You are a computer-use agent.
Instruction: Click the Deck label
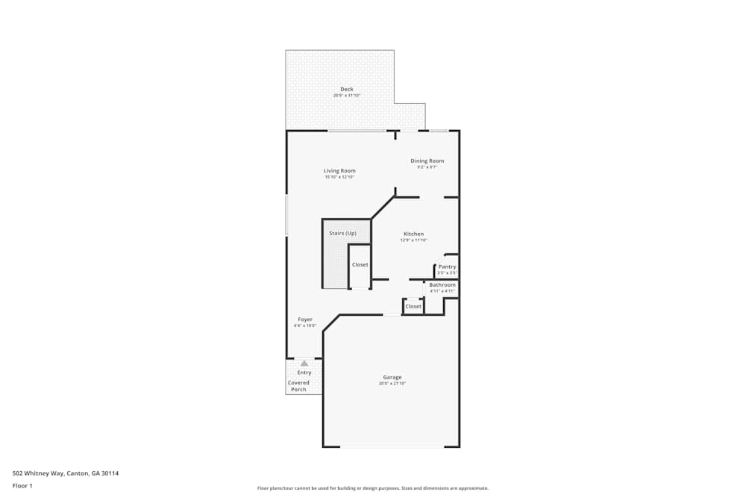[x=347, y=90]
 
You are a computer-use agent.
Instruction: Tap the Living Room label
[x=339, y=171]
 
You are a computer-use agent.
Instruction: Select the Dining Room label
[x=427, y=161]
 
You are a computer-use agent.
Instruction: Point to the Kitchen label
[x=413, y=234]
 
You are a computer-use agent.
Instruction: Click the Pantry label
[x=447, y=267]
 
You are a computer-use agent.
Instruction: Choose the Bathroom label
[x=442, y=285]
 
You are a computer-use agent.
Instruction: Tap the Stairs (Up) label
[x=342, y=233]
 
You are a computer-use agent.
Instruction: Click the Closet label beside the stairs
[x=360, y=265]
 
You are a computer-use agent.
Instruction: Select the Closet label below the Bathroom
[x=413, y=306]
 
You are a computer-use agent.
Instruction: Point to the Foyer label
[x=304, y=320]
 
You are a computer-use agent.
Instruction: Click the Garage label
[x=392, y=377]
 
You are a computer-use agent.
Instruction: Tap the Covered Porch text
[x=298, y=386]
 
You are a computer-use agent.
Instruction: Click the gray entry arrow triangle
[x=304, y=364]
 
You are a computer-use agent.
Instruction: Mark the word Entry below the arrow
[x=304, y=373]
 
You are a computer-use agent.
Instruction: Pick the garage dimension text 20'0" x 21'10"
[x=392, y=384]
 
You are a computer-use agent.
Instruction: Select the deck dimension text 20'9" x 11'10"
[x=347, y=96]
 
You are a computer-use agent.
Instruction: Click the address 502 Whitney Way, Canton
[x=66, y=473]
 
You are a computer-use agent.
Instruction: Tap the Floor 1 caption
[x=22, y=485]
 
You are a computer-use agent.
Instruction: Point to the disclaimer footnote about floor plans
[x=373, y=488]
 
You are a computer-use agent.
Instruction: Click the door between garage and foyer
[x=392, y=314]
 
